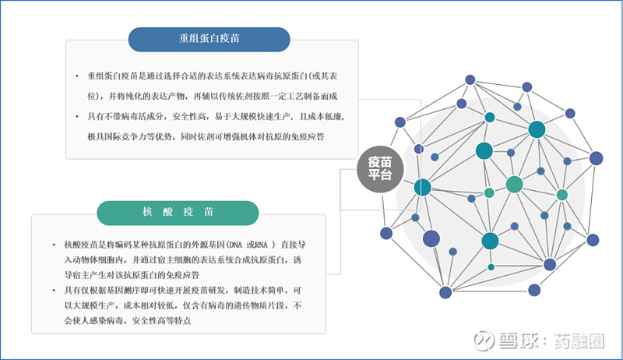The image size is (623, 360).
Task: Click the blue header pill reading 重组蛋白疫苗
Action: tap(209, 39)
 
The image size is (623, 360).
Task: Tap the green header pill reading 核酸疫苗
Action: tap(178, 213)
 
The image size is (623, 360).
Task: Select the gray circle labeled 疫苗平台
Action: tap(380, 169)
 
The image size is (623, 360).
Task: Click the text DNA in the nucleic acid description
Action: tap(235, 245)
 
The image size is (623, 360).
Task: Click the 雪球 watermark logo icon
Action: tap(484, 341)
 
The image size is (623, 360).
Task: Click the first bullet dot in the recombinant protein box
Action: tap(77, 76)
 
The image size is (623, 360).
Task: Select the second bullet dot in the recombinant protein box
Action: tap(77, 116)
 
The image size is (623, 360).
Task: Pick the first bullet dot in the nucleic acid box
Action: tap(54, 245)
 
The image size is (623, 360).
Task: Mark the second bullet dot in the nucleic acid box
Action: tap(54, 291)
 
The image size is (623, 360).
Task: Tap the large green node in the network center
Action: tap(514, 185)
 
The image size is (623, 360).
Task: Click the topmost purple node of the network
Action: tap(470, 79)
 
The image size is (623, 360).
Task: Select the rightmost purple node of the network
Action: tap(596, 158)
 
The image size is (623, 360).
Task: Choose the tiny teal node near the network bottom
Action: tap(491, 267)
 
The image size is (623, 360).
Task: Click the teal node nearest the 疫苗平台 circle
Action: tap(422, 187)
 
